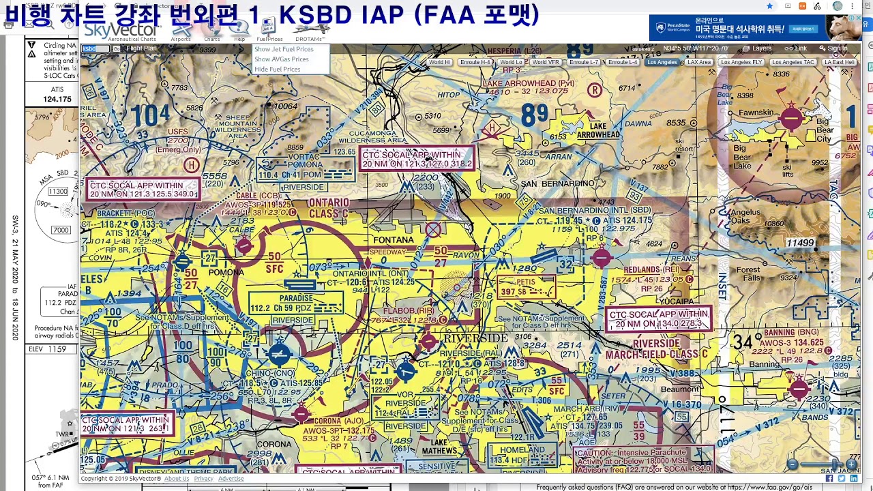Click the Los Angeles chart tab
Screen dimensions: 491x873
(662, 62)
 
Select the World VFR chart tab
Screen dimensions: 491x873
(545, 62)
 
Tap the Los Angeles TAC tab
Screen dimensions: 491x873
(793, 62)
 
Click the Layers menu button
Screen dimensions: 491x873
(758, 48)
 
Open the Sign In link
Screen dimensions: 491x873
(833, 48)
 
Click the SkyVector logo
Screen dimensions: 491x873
(121, 30)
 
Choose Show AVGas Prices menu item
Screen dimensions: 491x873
(281, 59)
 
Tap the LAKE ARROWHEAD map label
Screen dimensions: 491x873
(597, 130)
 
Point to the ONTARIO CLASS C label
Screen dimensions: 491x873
(328, 207)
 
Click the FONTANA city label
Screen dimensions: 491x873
(394, 240)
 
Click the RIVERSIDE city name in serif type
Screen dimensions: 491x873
(475, 338)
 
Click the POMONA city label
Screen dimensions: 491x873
(226, 272)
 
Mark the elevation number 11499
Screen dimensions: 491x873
(800, 243)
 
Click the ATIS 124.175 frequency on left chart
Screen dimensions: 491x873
(57, 99)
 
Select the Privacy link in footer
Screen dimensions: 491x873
(203, 479)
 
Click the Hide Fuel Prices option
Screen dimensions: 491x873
(277, 69)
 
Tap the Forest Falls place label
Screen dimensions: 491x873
(748, 274)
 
